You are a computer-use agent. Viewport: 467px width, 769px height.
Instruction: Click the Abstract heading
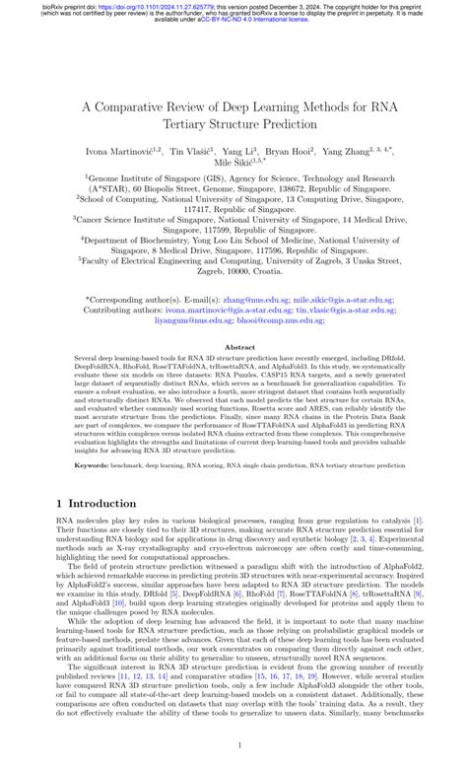coord(233,348)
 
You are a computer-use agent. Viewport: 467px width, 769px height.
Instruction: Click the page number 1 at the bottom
coord(233,746)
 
